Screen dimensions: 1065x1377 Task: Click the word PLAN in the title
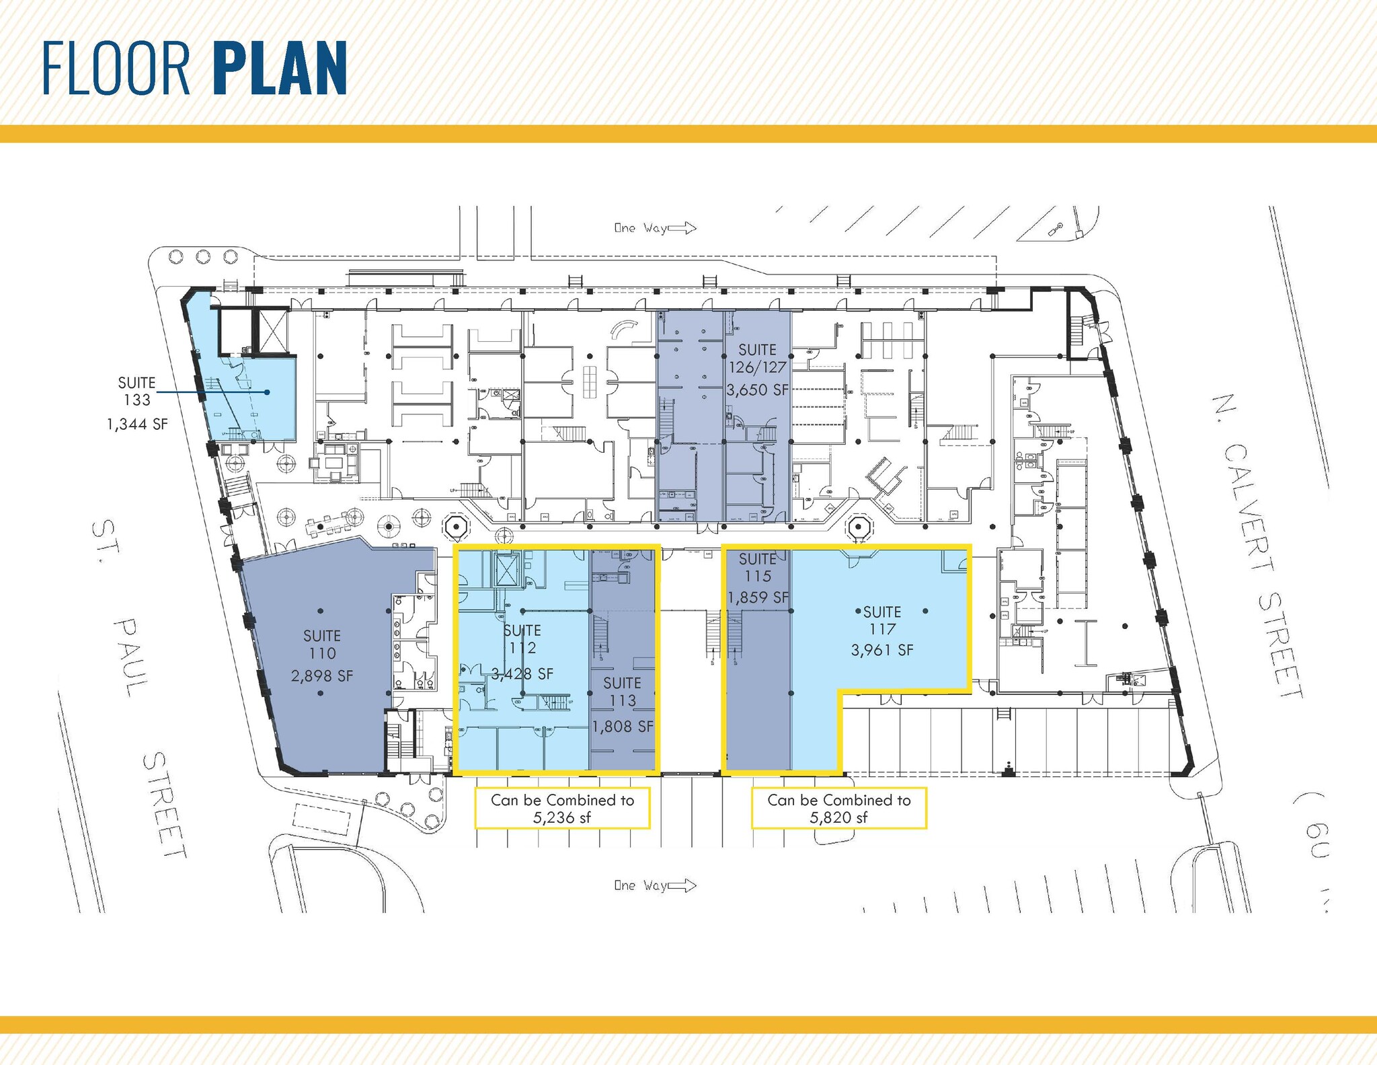pos(280,69)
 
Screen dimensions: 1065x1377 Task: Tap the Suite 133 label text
pos(137,391)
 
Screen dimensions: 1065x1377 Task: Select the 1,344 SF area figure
pos(137,425)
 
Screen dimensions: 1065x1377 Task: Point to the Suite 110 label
pos(322,645)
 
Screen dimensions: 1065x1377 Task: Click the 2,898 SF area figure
pos(322,676)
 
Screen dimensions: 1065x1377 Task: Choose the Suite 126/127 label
pos(758,359)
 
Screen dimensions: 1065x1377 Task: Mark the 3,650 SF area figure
pos(758,390)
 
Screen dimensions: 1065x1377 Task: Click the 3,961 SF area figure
pos(882,651)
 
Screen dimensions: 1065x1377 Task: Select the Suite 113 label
pos(622,692)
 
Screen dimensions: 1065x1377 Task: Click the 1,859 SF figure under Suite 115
pos(758,597)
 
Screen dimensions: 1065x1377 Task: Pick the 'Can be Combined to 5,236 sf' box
pos(563,808)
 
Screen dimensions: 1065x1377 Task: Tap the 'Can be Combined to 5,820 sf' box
pos(839,808)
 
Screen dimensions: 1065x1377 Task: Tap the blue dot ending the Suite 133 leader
pos(268,392)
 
